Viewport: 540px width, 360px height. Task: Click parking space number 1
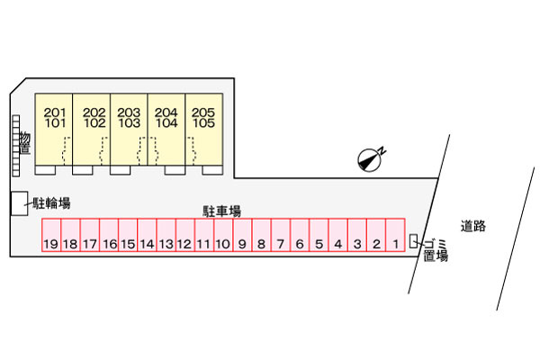(x=395, y=235)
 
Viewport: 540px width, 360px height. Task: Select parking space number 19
(x=51, y=235)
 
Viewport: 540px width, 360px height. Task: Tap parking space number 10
(x=223, y=235)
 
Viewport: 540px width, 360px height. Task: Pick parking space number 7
(x=281, y=235)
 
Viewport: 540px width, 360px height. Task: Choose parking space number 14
(x=147, y=235)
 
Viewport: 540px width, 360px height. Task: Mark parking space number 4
(x=337, y=235)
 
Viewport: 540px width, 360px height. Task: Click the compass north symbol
(x=371, y=159)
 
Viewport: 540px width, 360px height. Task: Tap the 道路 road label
(x=472, y=226)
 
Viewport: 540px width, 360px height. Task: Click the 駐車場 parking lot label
(x=221, y=211)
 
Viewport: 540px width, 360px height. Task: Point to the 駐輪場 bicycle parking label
(x=51, y=203)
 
